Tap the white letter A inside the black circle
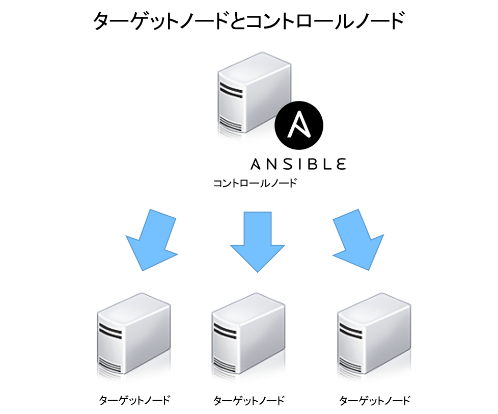299,125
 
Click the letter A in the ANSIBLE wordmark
256,164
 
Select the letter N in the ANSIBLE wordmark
272,164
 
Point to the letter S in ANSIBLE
288,164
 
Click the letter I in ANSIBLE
300,164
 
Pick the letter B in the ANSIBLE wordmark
312,164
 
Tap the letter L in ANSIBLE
326,164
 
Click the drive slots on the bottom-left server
110,329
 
